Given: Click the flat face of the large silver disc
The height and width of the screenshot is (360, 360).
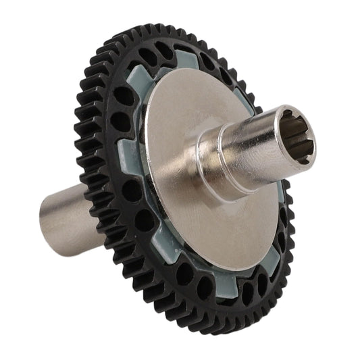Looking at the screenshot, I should pos(182,223).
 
